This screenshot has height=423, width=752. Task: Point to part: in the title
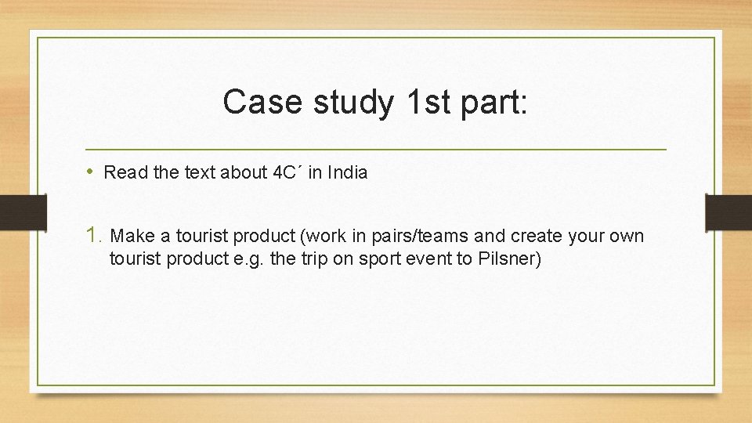(x=493, y=102)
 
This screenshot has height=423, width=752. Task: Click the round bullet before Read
(x=91, y=172)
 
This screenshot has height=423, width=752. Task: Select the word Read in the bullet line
(x=121, y=172)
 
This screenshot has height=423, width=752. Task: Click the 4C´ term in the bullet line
(x=287, y=172)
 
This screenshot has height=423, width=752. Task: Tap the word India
(x=347, y=172)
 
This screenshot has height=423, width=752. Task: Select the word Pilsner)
(x=510, y=259)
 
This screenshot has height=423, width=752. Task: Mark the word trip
(x=313, y=259)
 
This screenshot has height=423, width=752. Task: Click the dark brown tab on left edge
(x=12, y=211)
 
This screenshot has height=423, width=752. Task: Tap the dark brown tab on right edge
(x=728, y=211)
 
